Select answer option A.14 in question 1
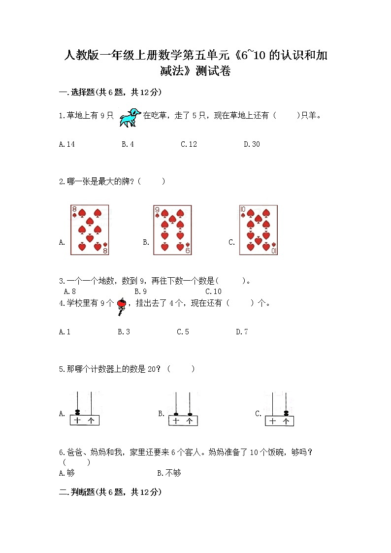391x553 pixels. (x=66, y=144)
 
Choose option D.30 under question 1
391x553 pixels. (x=252, y=144)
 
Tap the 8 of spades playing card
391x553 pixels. (x=89, y=230)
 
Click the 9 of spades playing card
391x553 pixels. (x=172, y=230)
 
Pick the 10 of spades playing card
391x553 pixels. (x=258, y=230)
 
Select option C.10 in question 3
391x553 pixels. (x=213, y=292)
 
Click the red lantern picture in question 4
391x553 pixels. (x=121, y=305)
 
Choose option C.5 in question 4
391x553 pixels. (x=183, y=332)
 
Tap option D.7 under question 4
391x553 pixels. (x=242, y=332)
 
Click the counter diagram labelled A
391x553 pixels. (x=83, y=409)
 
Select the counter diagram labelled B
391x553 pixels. (x=182, y=409)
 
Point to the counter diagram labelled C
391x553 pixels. (x=279, y=409)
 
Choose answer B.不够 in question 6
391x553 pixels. (x=169, y=473)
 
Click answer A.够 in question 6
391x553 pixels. (x=66, y=473)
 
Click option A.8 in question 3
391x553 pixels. (x=69, y=292)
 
